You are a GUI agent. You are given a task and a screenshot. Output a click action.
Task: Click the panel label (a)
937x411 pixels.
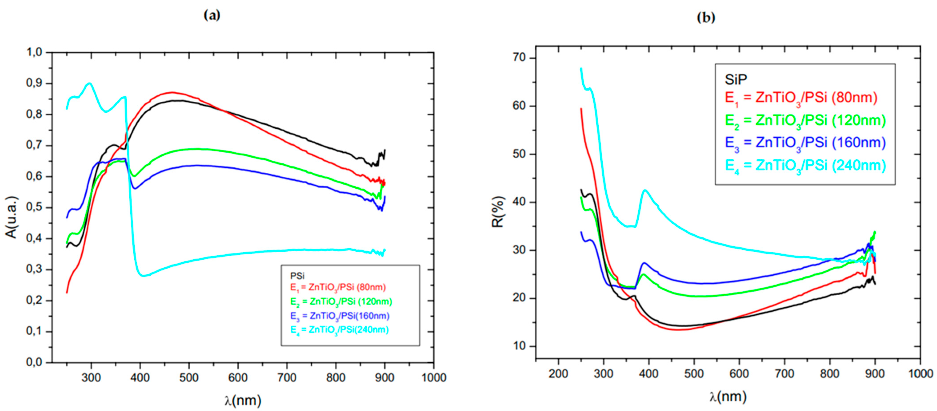(x=212, y=15)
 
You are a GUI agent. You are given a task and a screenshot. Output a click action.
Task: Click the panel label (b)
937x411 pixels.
(x=706, y=17)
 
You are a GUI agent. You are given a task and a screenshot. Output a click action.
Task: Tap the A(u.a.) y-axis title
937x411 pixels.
(x=11, y=217)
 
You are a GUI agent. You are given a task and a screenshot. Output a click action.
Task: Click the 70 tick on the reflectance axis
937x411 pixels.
(x=519, y=57)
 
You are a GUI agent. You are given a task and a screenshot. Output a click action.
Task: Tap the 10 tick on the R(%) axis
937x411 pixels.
(x=519, y=346)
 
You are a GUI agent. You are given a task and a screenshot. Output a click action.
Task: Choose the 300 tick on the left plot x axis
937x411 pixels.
(x=91, y=377)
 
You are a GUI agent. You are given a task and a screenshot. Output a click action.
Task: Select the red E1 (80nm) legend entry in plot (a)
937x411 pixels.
(x=338, y=287)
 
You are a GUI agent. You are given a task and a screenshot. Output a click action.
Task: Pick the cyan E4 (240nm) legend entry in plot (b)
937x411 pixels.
(x=805, y=166)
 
